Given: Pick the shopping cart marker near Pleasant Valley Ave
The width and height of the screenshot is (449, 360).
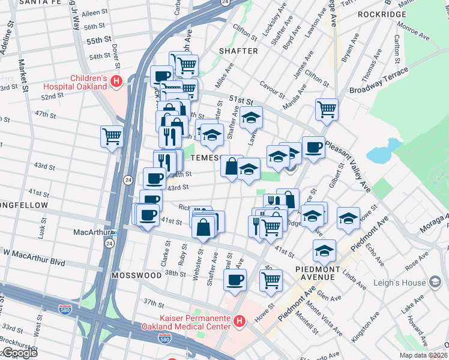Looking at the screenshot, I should pos(327,109).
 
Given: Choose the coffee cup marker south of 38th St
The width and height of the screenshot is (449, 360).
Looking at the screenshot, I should pos(235,279).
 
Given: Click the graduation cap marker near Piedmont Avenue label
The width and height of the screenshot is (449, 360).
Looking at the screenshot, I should pos(324,250).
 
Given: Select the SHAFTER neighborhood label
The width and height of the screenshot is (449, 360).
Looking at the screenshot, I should pos(238,51).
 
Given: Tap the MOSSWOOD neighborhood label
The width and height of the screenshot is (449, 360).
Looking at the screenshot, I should pos(136,275).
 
